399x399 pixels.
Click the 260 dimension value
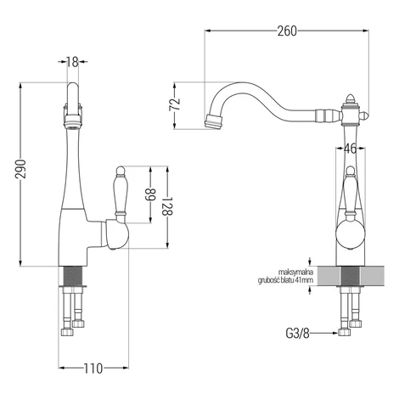(x=287, y=31)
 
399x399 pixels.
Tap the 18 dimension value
(x=72, y=62)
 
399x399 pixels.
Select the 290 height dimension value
(x=20, y=169)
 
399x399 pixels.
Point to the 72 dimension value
(x=174, y=104)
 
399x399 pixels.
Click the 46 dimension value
(x=350, y=149)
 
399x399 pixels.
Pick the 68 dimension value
(x=150, y=195)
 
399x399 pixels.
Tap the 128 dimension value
(x=167, y=206)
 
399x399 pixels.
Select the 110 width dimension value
(x=93, y=368)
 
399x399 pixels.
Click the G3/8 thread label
(x=297, y=334)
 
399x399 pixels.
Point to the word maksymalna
(x=295, y=273)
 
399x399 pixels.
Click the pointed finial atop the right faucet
(x=351, y=99)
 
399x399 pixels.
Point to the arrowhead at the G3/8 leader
(x=335, y=334)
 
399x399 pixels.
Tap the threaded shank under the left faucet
(x=71, y=276)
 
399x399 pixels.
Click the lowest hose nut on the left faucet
(x=67, y=332)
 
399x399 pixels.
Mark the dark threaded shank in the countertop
(x=351, y=276)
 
